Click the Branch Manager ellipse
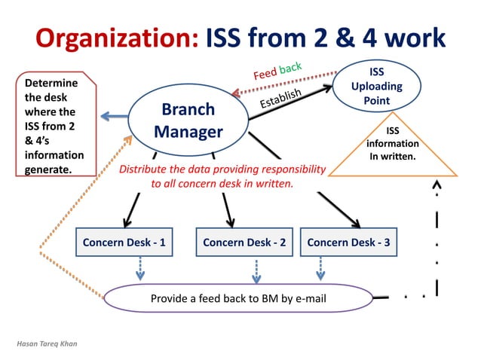tap(188, 121)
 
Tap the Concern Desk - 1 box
tap(124, 243)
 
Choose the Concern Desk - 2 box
tap(244, 243)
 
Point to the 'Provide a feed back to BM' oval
tap(238, 298)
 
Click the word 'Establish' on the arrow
tap(280, 98)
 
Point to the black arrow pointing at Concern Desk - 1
tap(131, 210)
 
